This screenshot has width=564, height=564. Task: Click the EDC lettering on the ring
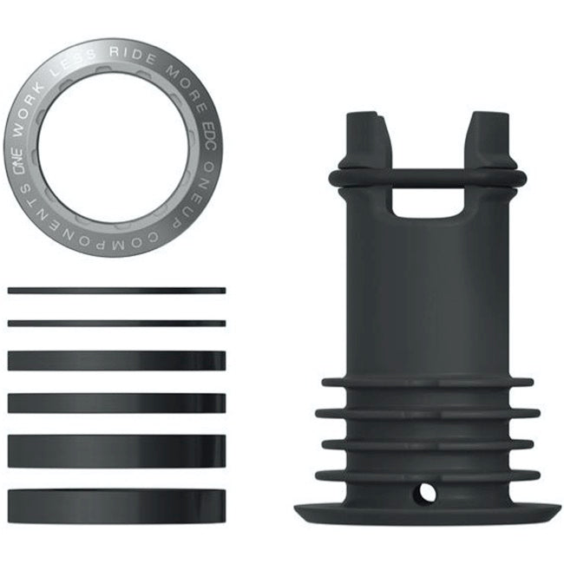202,124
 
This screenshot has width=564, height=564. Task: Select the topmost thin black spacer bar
116,291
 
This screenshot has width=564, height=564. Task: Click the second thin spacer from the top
116,323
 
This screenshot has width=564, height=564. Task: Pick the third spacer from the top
116,360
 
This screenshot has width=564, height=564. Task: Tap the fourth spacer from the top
116,403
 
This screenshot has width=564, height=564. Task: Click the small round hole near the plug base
424,492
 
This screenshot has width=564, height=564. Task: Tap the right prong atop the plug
490,139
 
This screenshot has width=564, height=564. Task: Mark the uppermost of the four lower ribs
428,382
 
